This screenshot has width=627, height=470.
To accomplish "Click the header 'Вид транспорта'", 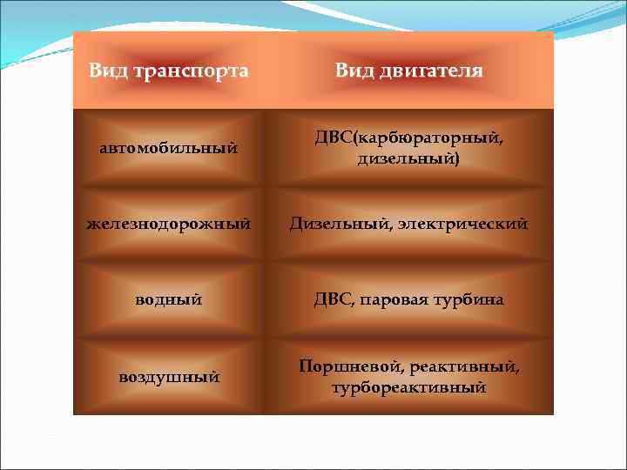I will point(169,70).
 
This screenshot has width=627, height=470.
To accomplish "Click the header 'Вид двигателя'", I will point(408,70).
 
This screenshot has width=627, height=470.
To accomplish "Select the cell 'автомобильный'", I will point(169,149).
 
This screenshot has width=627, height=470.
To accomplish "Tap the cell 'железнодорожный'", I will point(169,225).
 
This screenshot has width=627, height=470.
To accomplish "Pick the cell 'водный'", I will point(169,299).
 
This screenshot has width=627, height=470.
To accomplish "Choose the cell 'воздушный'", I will point(169,377).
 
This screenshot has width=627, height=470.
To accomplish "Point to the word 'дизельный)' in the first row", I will point(408,159).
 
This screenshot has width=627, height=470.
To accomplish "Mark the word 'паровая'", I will point(397,300).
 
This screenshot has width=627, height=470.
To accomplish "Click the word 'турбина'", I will point(471,300).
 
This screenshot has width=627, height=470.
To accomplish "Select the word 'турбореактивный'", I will point(408,387).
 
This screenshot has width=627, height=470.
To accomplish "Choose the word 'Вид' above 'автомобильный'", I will point(106,70).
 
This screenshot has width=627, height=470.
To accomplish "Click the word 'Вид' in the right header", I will point(354,70).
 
